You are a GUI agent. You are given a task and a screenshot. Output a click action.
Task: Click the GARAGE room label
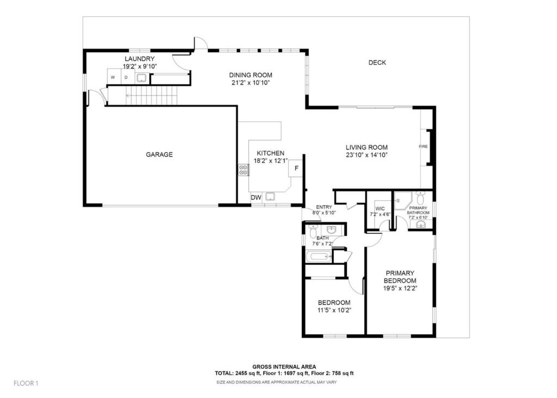pos(159,154)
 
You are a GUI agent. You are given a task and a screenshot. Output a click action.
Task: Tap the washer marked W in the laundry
pos(113,77)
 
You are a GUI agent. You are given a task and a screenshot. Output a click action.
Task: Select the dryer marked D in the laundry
pos(126,77)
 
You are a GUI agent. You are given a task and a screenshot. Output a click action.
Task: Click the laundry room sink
pos(142,78)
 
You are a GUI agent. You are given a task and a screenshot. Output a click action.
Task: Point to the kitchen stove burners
pos(243,170)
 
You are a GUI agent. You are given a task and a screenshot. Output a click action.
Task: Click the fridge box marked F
pos(296,169)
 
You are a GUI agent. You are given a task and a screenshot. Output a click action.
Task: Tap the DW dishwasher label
pos(256,197)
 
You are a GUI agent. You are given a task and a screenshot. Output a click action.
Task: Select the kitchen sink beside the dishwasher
pos(271,197)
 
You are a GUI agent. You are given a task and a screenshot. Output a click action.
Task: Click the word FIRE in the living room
pos(423,146)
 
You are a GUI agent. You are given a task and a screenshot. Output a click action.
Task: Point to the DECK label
pos(377,63)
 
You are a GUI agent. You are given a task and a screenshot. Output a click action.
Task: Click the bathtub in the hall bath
pos(319,257)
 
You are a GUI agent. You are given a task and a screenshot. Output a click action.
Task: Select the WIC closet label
pos(380,209)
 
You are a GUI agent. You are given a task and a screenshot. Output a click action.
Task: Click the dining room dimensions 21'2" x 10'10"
pos(250,83)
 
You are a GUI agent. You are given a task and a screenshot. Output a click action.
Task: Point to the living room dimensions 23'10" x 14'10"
pos(367,155)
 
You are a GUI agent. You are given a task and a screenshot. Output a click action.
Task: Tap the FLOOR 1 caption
pos(26,383)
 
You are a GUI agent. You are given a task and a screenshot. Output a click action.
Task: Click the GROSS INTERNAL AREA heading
pos(284,367)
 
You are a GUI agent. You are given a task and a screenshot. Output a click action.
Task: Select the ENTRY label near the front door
pos(324,207)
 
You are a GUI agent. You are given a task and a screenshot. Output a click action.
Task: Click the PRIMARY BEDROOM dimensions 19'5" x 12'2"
pos(400,288)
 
